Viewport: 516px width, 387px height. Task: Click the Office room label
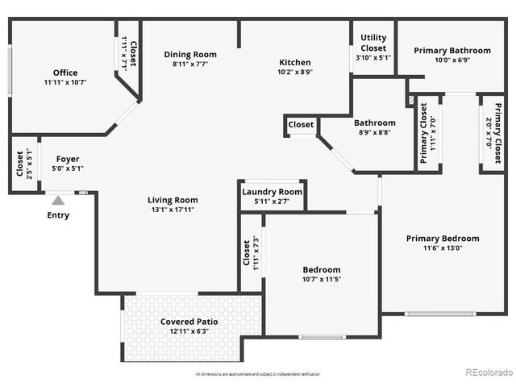(x=65, y=73)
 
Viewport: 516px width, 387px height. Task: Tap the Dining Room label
(x=190, y=55)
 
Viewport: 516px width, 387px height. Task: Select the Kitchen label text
(x=295, y=63)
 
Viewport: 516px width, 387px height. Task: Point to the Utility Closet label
(x=373, y=43)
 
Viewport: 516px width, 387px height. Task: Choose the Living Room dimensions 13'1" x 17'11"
(x=173, y=210)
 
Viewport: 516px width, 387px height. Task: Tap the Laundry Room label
(x=273, y=192)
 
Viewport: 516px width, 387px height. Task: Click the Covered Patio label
(x=189, y=322)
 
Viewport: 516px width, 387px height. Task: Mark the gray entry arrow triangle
(x=58, y=200)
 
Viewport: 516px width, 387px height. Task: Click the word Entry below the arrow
(x=58, y=215)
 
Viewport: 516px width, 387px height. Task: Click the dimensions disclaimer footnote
(x=258, y=374)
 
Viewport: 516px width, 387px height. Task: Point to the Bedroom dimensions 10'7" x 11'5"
(x=322, y=280)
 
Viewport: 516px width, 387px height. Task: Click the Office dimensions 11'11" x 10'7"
(x=65, y=82)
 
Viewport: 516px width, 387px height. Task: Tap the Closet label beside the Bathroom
(x=302, y=125)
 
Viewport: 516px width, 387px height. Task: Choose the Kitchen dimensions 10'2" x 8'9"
(x=295, y=72)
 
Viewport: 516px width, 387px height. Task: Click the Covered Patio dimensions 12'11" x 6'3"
(x=189, y=331)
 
